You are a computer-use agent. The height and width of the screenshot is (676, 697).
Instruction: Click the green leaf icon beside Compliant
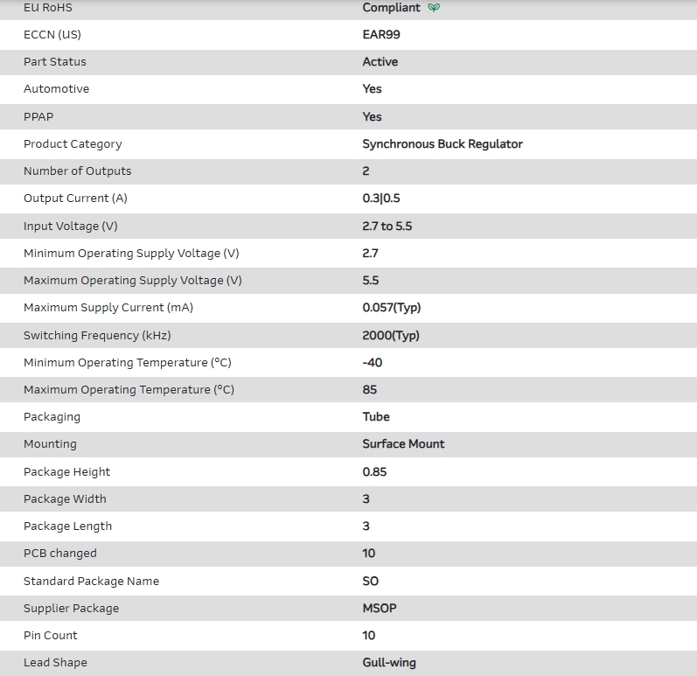(x=434, y=8)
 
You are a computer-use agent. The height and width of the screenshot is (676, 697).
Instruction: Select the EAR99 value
(x=381, y=35)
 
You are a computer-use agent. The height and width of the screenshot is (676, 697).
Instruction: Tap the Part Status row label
(x=55, y=62)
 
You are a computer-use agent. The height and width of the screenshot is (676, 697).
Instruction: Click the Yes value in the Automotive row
(x=372, y=89)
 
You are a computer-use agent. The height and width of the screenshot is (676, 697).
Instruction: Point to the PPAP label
(x=38, y=116)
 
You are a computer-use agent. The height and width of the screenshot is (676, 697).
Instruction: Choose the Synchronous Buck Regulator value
(x=442, y=144)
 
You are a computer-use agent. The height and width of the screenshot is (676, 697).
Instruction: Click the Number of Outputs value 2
(x=366, y=171)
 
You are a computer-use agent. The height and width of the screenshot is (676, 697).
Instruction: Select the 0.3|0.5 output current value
(x=381, y=199)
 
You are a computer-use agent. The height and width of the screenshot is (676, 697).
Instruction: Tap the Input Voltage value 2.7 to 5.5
(x=387, y=226)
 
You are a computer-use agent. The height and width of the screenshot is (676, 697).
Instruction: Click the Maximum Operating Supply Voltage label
(x=133, y=281)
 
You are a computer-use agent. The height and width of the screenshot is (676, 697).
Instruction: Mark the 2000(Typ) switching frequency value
(x=391, y=336)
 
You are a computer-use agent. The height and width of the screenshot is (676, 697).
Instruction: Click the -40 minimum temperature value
(x=373, y=363)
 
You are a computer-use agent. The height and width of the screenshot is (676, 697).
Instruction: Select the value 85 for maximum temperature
(x=370, y=390)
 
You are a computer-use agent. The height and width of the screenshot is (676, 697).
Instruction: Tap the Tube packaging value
(x=376, y=417)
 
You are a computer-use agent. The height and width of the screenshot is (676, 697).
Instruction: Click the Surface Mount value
(x=403, y=444)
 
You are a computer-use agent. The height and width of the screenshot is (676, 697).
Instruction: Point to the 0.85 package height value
(x=374, y=472)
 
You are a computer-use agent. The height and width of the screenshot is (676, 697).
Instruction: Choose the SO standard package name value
(x=370, y=582)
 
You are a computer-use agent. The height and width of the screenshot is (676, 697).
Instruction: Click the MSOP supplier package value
(x=380, y=609)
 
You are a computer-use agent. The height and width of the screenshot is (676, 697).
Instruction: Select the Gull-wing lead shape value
(x=389, y=663)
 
